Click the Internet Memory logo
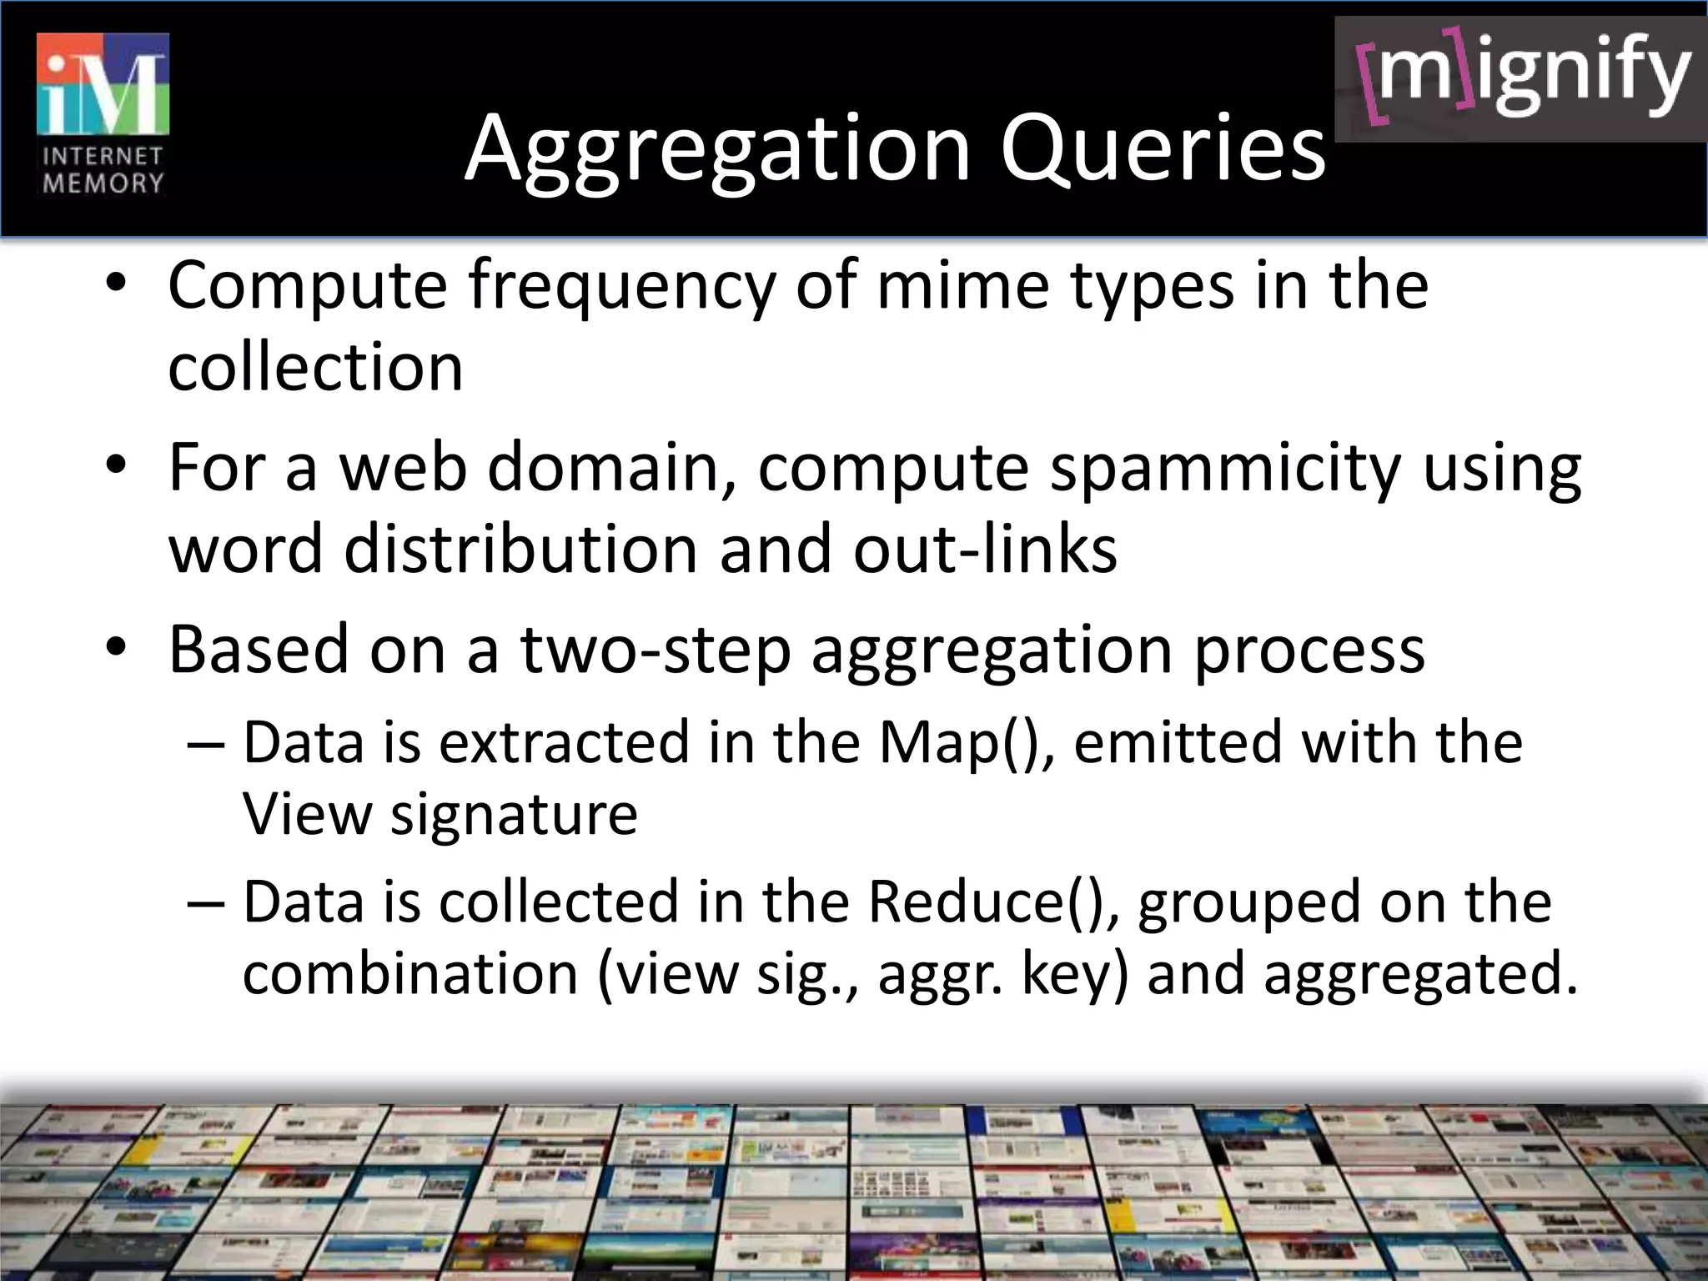coord(103,114)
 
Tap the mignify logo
coord(1521,79)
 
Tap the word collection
coord(315,367)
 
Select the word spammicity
coord(1224,468)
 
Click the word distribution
coord(520,550)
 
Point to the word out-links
coord(984,550)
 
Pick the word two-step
coord(656,650)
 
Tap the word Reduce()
coord(992,902)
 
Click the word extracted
coord(564,741)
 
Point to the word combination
coord(410,973)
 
